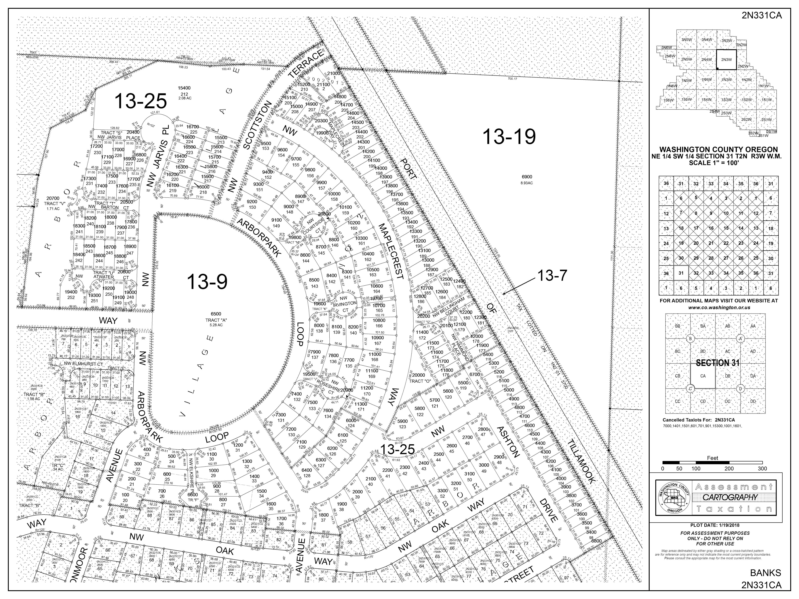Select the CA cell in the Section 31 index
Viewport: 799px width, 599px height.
pyautogui.click(x=703, y=376)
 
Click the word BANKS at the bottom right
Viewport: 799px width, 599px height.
pyautogui.click(x=768, y=573)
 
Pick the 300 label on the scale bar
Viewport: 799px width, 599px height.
pyautogui.click(x=762, y=469)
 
